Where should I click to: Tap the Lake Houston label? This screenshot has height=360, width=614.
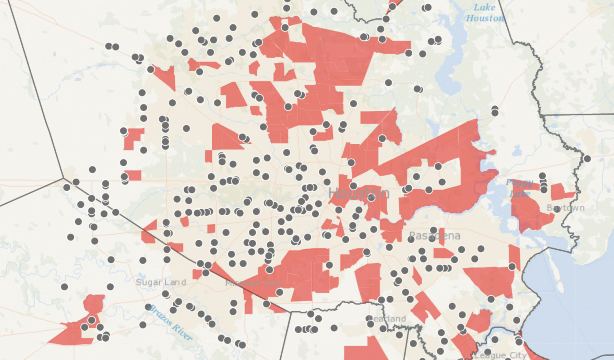pyautogui.click(x=485, y=13)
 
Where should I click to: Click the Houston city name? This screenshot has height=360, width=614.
pyautogui.click(x=358, y=193)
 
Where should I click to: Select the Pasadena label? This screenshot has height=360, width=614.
pyautogui.click(x=434, y=236)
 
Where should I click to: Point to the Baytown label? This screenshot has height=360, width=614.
pyautogui.click(x=565, y=208)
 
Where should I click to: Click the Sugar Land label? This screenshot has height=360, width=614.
pyautogui.click(x=161, y=282)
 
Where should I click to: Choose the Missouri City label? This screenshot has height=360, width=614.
pyautogui.click(x=253, y=283)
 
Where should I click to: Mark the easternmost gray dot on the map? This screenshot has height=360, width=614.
pyautogui.click(x=587, y=159)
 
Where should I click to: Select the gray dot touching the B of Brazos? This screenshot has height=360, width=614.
pyautogui.click(x=148, y=307)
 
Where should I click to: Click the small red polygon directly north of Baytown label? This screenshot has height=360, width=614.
pyautogui.click(x=562, y=191)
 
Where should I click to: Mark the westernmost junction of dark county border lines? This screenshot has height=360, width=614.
pyautogui.click(x=63, y=178)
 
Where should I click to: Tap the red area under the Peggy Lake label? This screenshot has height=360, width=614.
pyautogui.click(x=527, y=212)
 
